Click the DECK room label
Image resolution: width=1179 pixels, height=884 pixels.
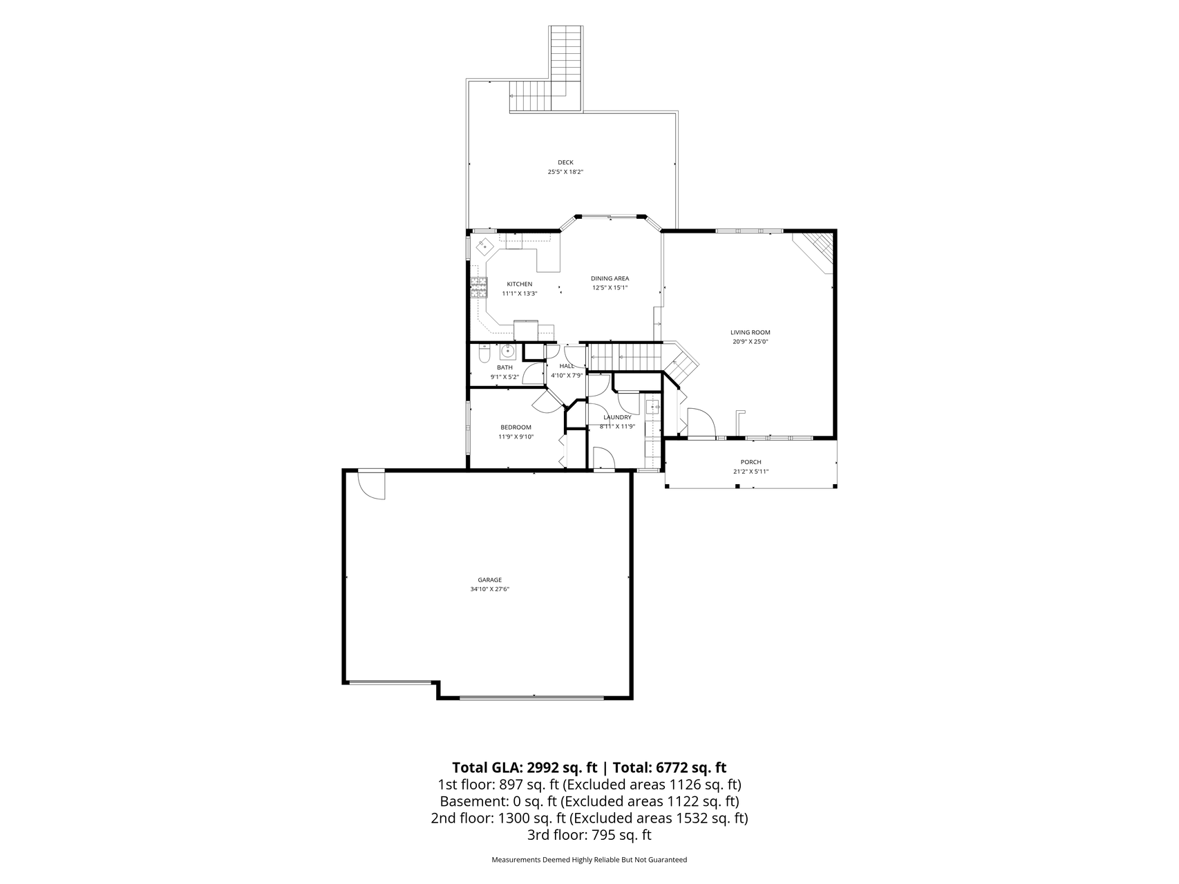click(565, 162)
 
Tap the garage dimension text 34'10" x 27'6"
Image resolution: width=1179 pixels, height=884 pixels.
click(489, 589)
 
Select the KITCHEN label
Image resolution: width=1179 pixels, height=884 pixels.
click(520, 284)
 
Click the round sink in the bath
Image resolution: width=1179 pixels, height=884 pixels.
click(508, 352)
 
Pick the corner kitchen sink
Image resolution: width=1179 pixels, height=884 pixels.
click(486, 245)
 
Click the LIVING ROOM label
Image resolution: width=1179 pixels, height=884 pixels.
click(751, 332)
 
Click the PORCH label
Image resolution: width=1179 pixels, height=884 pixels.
click(751, 462)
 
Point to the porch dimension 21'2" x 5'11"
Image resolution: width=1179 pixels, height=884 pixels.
click(751, 472)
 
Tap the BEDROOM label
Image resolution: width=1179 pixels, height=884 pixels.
click(516, 427)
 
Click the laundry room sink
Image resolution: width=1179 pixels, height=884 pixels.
click(652, 407)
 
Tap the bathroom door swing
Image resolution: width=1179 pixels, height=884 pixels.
click(534, 373)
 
